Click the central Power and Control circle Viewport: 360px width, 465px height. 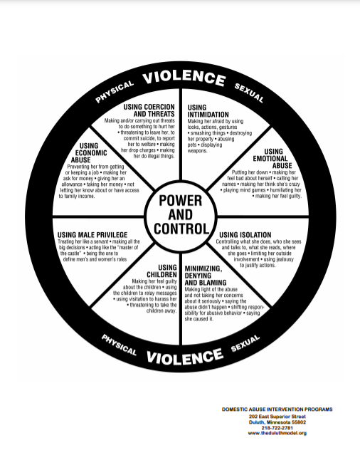181,216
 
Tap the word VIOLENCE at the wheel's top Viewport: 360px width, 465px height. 184,78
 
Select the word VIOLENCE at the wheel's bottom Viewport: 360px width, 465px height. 184,356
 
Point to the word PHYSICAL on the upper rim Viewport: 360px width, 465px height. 115,92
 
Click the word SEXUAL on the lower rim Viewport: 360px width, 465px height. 245,343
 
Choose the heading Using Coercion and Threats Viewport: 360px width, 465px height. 149,110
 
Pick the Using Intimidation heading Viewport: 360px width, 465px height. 208,111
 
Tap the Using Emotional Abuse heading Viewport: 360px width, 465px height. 272,158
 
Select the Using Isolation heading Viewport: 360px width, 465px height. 245,235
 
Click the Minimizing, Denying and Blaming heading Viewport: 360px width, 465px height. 206,276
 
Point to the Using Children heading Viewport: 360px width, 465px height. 162,271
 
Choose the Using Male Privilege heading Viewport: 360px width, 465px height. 92,235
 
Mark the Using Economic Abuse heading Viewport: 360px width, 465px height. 89,152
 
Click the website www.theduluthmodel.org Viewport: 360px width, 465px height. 277,433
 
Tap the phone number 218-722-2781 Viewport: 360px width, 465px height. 277,428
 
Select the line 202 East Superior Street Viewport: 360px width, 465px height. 277,417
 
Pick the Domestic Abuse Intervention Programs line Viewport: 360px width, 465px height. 277,409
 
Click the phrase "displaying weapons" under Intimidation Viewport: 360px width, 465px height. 205,147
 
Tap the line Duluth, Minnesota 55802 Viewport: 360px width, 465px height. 277,422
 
